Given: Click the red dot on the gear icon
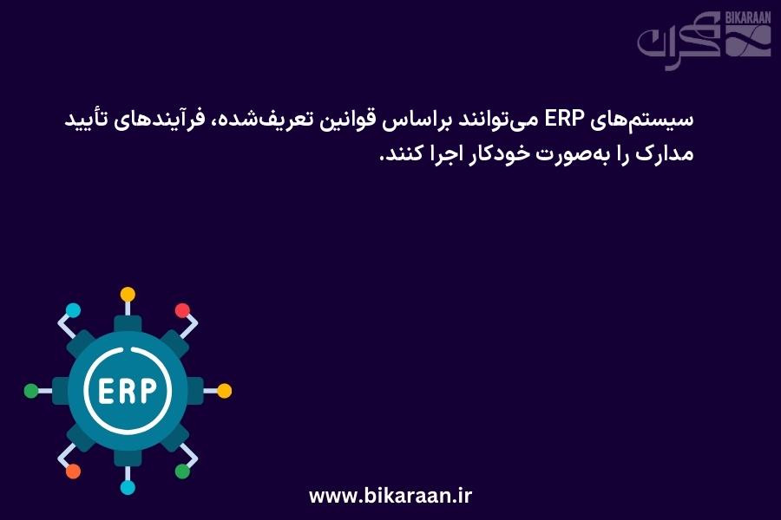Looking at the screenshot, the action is [x=182, y=310].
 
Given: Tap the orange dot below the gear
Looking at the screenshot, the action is [x=73, y=471].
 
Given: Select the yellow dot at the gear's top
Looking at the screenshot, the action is [x=128, y=294].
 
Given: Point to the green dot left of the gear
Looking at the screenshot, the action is [x=31, y=391].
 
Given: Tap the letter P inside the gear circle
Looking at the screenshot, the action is [x=149, y=391].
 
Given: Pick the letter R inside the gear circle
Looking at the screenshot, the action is [x=127, y=391].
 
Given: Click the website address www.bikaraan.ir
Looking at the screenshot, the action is [x=390, y=496].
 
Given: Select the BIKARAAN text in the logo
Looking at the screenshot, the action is [x=748, y=18].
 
